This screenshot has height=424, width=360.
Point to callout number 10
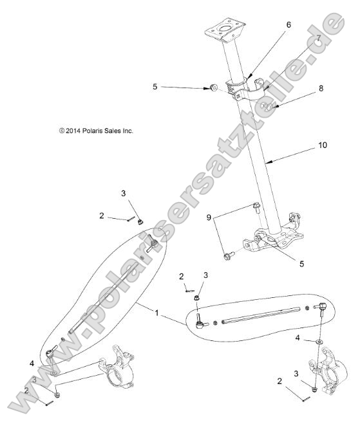tap(322, 145)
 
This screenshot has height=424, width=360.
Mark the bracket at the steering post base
tap(274, 238)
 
